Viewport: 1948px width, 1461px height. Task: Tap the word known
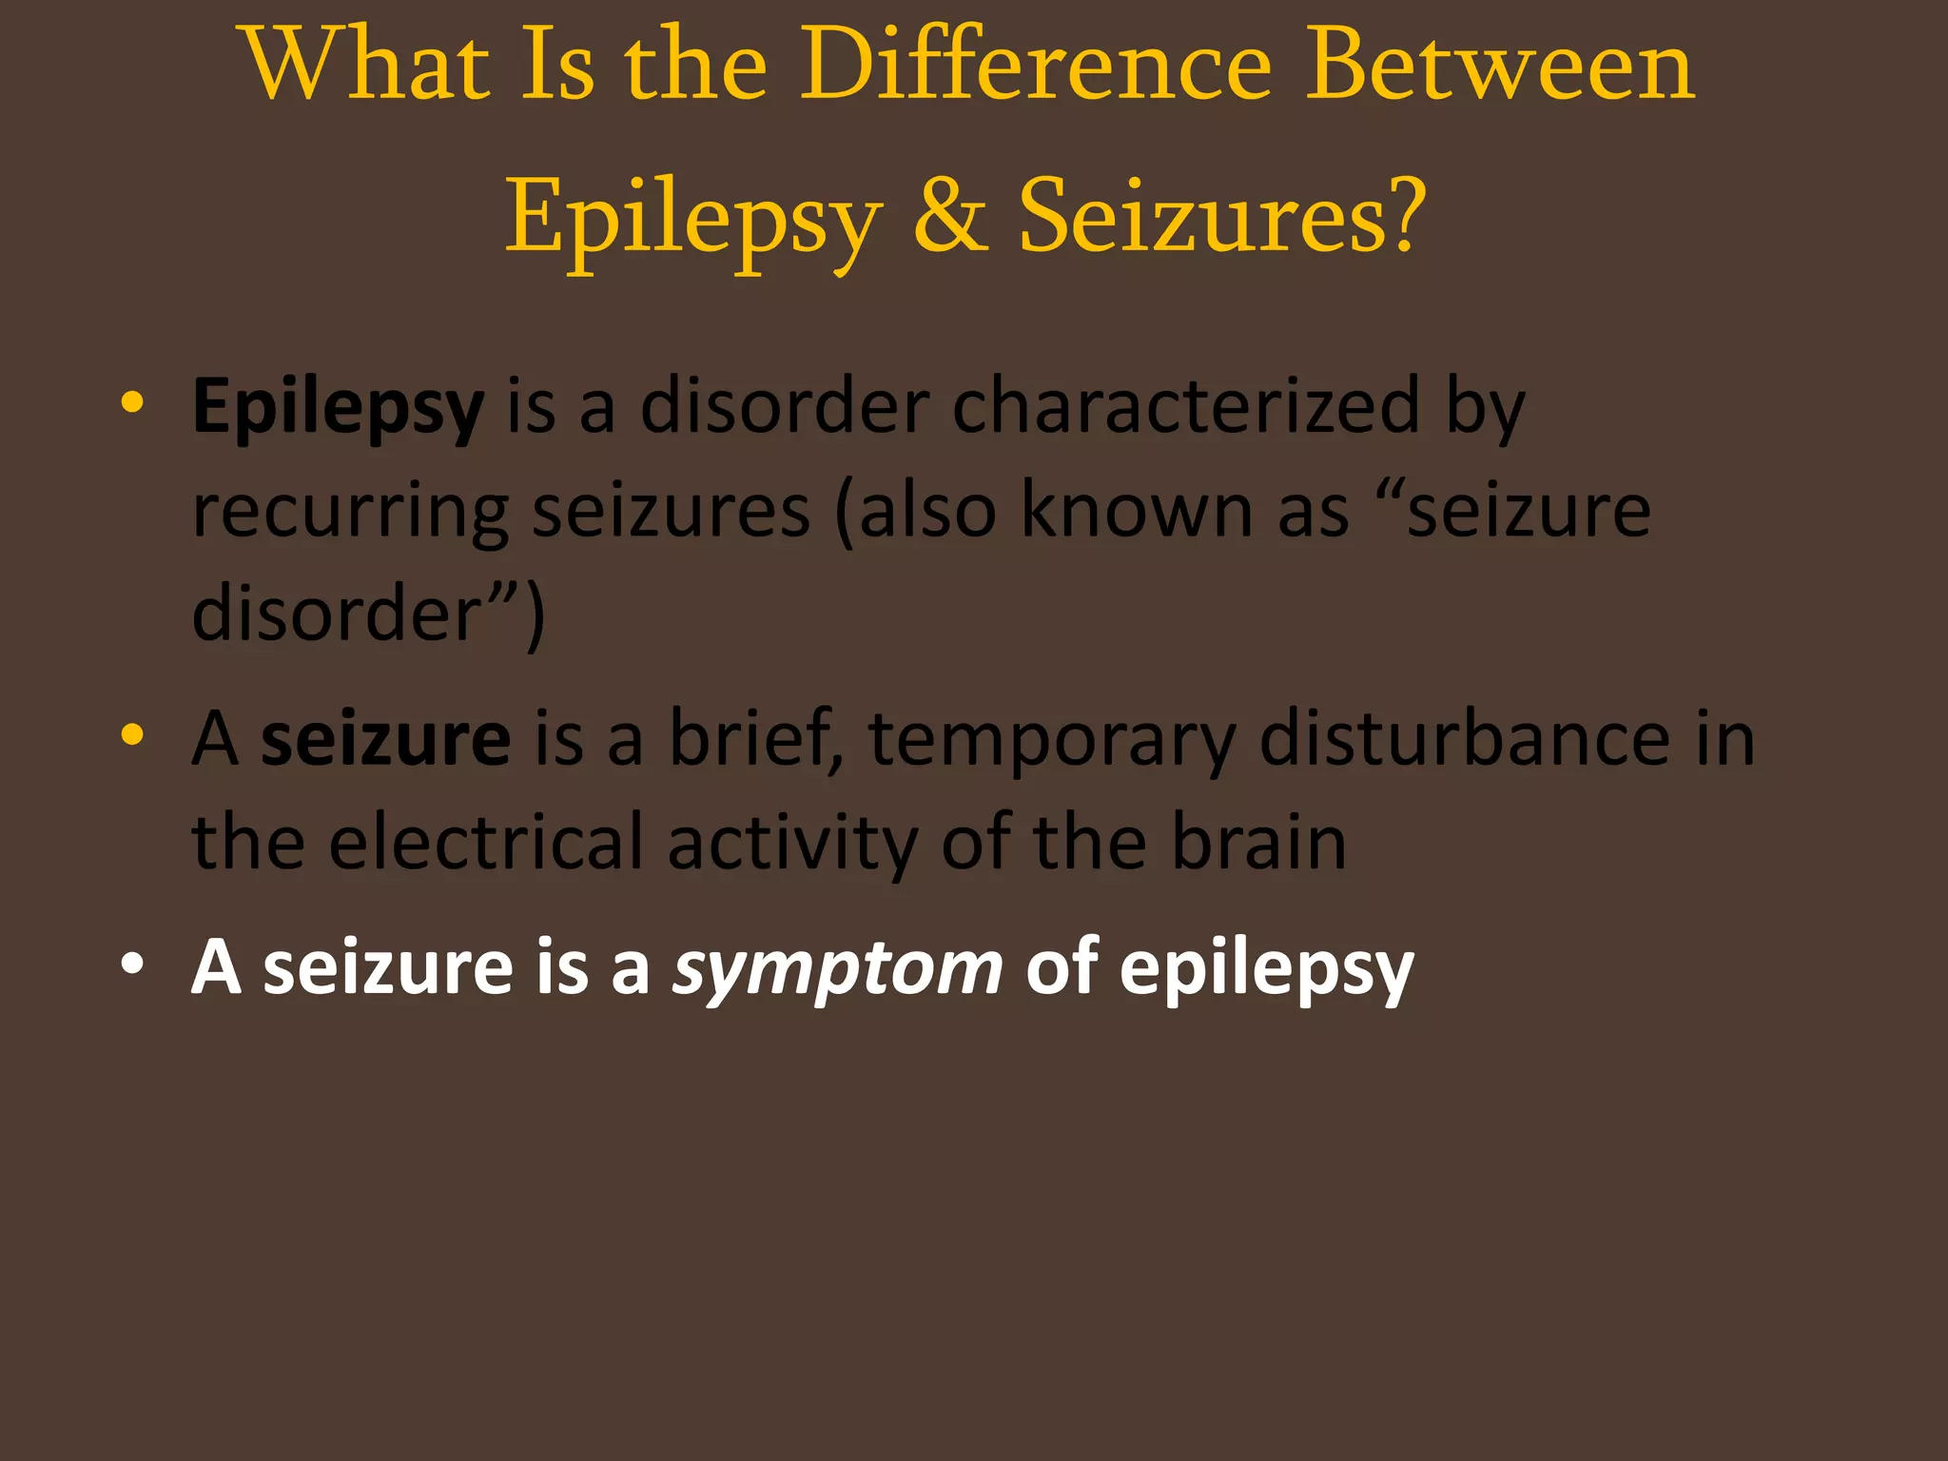pyautogui.click(x=1137, y=511)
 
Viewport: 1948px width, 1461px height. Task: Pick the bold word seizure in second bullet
pyautogui.click(x=385, y=740)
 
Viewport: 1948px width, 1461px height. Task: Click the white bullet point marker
pyautogui.click(x=132, y=964)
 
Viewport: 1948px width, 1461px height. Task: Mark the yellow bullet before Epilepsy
pyautogui.click(x=132, y=402)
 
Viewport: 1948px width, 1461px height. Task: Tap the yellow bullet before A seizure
pyautogui.click(x=132, y=734)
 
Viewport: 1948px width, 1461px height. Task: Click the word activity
pyautogui.click(x=792, y=845)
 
